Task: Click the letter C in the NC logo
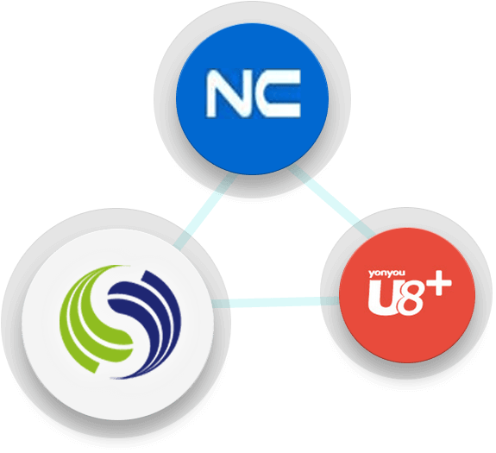[x=278, y=93]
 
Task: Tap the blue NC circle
[x=252, y=98]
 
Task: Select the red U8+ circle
[x=407, y=295]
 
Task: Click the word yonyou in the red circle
[x=386, y=274]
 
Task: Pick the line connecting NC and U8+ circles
[x=332, y=202]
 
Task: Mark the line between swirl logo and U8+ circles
[x=275, y=302]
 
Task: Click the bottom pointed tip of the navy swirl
[x=111, y=378]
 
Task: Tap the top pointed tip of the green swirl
[x=129, y=266]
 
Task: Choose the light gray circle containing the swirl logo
[x=117, y=324]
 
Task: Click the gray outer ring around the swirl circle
[x=12, y=324]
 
